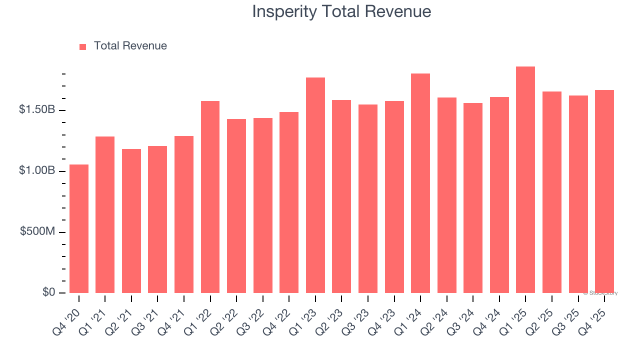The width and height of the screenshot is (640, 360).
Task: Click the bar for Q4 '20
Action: [x=79, y=228]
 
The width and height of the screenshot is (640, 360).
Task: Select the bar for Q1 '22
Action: [x=210, y=197]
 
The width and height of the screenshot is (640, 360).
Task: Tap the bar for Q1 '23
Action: [x=315, y=185]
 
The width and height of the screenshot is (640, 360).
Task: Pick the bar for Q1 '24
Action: [x=420, y=183]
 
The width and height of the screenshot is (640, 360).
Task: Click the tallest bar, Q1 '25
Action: [x=525, y=179]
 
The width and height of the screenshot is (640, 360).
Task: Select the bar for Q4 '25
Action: [x=604, y=191]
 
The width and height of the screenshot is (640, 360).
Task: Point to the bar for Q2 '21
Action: [x=131, y=221]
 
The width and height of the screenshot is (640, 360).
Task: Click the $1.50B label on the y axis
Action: [x=37, y=109]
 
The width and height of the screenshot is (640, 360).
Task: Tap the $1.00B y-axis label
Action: [x=37, y=170]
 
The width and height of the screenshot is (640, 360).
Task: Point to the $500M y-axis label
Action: [x=37, y=231]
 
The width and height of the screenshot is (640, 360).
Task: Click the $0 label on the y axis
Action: [x=49, y=292]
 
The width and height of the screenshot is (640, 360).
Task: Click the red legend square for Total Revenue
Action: [x=83, y=46]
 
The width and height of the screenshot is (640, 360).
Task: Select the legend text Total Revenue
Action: [x=130, y=46]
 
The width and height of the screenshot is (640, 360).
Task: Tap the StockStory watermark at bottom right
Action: [x=600, y=293]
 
